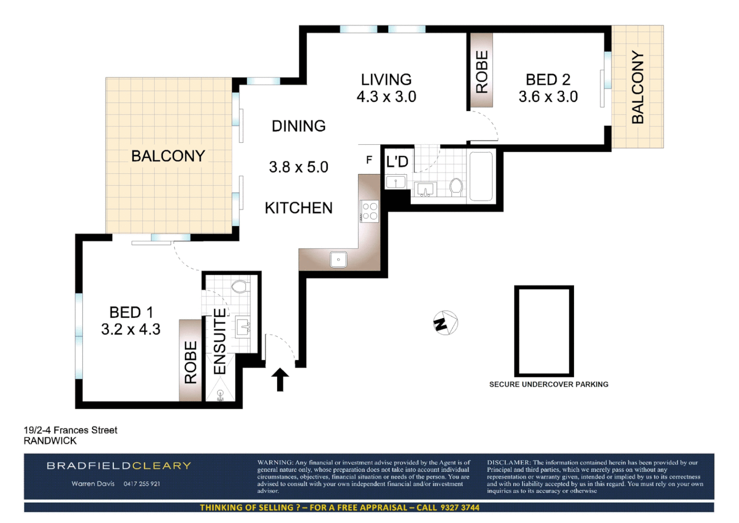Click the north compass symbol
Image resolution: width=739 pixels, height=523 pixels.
pos(445,323)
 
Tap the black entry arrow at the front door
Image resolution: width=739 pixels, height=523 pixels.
pos(280,379)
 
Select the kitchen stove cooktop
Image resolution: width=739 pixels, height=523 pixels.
pos(370,211)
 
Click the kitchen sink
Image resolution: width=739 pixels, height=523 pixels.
pos(339,260)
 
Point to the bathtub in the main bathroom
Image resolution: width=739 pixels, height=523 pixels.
pos(480,176)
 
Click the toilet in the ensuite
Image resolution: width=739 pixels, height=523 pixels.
pos(240,286)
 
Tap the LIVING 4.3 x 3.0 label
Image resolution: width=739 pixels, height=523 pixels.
pos(386,88)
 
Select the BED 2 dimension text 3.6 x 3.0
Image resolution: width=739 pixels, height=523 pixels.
pos(548,96)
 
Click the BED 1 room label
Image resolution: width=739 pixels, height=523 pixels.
pos(131,312)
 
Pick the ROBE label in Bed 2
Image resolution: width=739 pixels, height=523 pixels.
pos(482,72)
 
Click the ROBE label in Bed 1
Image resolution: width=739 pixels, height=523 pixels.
pos(191,362)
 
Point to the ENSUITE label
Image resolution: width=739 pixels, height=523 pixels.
pos(220,341)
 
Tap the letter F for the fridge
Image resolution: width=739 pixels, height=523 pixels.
pos(369,160)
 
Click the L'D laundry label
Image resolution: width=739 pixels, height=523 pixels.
pos(397,162)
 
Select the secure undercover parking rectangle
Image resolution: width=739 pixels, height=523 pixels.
pos(544,331)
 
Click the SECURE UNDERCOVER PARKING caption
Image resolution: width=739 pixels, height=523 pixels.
pos(548,384)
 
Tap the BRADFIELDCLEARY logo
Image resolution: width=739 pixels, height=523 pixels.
pos(119,466)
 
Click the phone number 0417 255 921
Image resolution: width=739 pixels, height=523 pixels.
pos(142,484)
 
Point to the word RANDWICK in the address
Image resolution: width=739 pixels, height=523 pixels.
pos(50,441)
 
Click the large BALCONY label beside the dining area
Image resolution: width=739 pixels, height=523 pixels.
pos(168,156)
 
